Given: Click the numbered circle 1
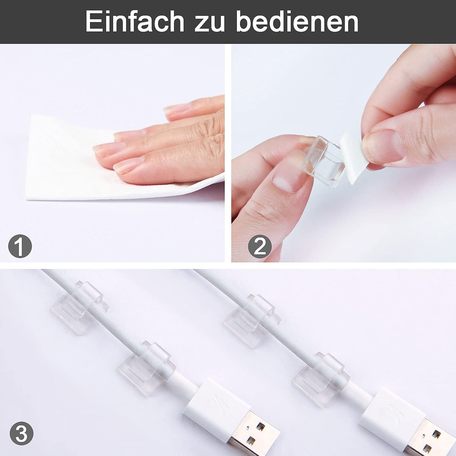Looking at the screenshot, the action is coord(20,246).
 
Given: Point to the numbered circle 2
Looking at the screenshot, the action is coord(260,246).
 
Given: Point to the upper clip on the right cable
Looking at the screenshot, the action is coord(252,320).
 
